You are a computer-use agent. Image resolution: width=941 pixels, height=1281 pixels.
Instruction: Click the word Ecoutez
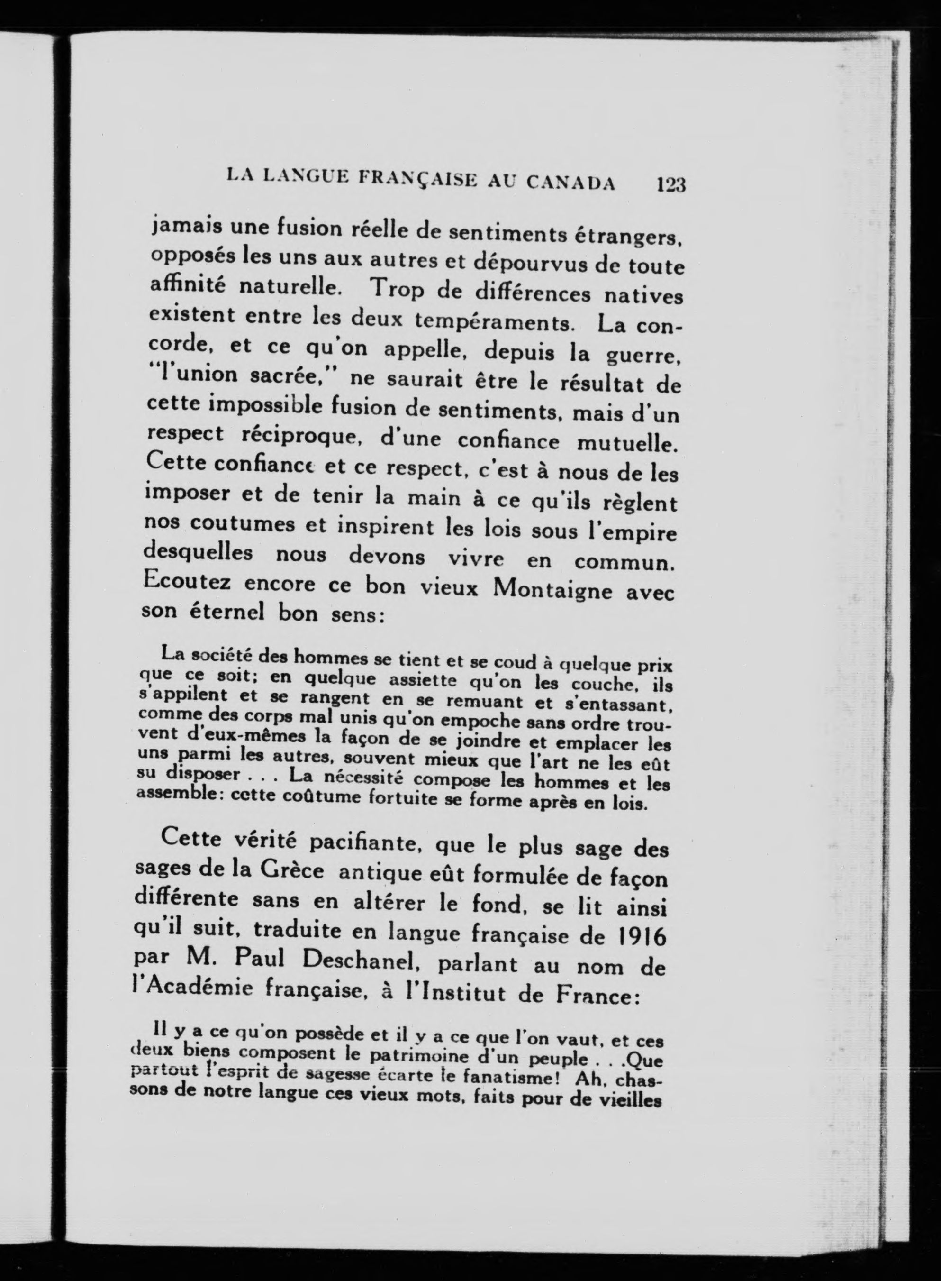[x=188, y=581]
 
